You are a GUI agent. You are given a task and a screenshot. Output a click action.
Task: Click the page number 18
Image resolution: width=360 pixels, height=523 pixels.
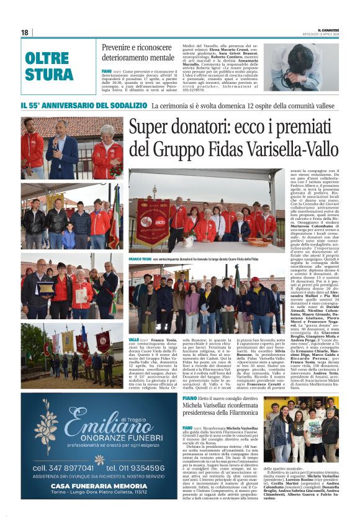(x=25, y=32)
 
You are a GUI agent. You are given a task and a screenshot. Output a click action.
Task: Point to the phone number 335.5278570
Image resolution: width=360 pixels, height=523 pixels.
(x=198, y=89)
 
